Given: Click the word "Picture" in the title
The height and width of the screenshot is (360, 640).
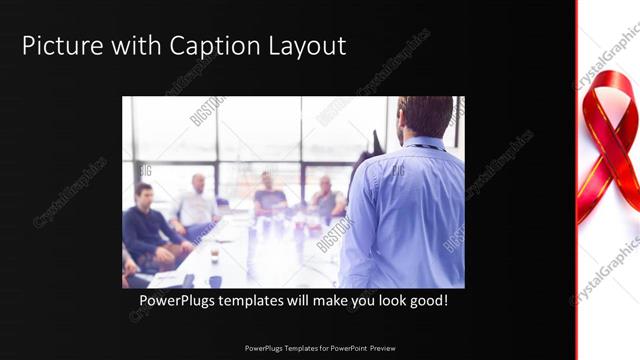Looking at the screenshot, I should (59, 46).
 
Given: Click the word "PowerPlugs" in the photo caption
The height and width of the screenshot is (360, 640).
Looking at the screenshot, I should (179, 300).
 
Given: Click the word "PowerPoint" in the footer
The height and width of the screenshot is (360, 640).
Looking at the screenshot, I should (343, 348).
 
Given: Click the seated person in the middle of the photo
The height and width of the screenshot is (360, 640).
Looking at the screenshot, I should (268, 194).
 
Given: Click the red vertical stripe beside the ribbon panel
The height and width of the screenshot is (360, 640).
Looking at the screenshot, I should (577, 180).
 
